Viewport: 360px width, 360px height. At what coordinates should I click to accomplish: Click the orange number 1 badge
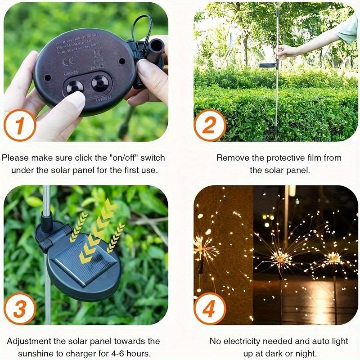pos(20,125)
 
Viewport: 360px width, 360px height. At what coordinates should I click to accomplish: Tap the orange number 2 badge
pos(210,125)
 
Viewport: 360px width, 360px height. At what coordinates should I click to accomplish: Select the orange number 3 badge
pos(20,309)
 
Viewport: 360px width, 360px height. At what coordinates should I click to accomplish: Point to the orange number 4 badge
pos(210,309)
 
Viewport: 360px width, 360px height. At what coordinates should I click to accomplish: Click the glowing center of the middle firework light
pos(282,257)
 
